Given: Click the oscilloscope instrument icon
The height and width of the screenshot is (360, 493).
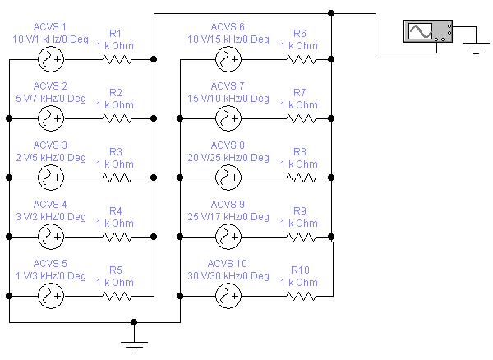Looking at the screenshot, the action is pos(428,31).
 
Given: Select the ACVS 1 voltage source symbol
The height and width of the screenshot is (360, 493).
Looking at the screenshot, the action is pos(51,59).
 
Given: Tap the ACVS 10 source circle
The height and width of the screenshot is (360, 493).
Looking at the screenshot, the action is pos(228,296).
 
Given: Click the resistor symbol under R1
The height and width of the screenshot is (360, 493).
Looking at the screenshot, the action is pos(117,59).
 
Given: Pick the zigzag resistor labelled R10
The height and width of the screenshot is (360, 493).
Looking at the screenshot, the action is pos(301,296).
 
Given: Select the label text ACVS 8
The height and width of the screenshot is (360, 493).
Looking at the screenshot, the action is pos(228,145).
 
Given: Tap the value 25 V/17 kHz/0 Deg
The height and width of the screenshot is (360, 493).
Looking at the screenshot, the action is pos(228,217).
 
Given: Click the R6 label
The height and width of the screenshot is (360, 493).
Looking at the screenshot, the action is pos(300,34).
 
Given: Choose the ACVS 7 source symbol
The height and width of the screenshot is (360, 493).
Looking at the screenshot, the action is pos(228,118).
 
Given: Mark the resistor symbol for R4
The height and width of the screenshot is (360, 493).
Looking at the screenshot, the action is pos(117,237).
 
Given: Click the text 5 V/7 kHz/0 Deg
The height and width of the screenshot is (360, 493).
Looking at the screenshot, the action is pos(51,99).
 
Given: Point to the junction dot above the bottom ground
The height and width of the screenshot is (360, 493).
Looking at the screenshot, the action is pos(134,322).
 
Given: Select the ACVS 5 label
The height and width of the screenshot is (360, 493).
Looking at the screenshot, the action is pos(50,264).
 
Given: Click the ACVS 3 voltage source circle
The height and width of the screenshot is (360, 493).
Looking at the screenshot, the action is pos(51,178).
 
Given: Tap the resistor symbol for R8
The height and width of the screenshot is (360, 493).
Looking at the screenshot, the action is pos(301,178).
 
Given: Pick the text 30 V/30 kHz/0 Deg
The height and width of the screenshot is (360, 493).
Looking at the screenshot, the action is pos(228,276).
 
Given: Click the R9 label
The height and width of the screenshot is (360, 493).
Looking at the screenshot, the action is pos(300,210).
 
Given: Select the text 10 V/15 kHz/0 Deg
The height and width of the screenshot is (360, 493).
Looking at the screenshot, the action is pos(228,39).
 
